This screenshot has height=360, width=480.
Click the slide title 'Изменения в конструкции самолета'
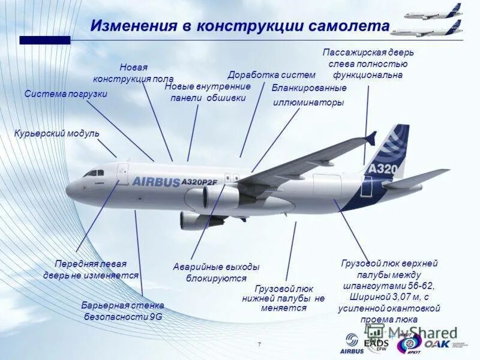(x=240, y=26)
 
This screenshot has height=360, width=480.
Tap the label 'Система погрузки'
(x=66, y=94)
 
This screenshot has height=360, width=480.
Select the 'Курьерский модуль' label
(x=57, y=133)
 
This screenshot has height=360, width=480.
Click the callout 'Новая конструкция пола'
(x=133, y=73)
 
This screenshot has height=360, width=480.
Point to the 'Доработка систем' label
(x=271, y=75)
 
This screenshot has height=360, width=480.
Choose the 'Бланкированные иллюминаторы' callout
(x=309, y=95)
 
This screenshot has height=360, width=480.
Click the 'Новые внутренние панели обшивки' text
(x=208, y=92)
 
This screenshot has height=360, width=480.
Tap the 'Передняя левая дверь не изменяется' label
(x=91, y=269)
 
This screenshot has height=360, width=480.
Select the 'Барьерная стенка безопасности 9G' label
(x=123, y=310)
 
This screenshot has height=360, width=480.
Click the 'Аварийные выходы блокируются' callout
(x=216, y=272)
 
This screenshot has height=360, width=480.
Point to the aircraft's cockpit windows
(x=94, y=173)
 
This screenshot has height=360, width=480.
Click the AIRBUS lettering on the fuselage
(x=155, y=181)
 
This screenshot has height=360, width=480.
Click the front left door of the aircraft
(x=123, y=173)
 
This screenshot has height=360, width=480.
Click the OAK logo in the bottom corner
(x=440, y=344)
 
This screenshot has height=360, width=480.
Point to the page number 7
(x=259, y=344)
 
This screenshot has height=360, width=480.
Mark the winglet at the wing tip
(x=371, y=138)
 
